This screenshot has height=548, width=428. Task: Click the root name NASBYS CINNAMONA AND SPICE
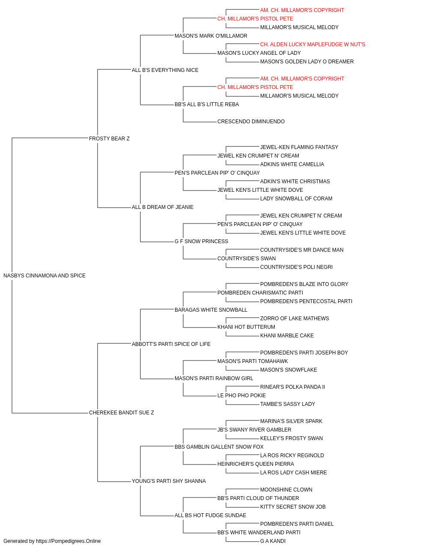click(x=45, y=276)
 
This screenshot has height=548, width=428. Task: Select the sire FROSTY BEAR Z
click(x=109, y=138)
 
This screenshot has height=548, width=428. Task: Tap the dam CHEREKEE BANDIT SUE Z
click(x=121, y=413)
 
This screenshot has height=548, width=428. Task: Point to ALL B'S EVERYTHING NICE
click(x=165, y=70)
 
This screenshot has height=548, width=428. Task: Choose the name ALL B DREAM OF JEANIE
click(x=163, y=207)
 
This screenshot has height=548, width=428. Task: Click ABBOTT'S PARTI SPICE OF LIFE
click(x=171, y=344)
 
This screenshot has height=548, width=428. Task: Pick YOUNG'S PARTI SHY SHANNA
click(x=169, y=481)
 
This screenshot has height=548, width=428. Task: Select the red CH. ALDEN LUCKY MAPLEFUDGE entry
click(x=312, y=45)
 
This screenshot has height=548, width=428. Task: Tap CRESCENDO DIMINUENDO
click(x=251, y=121)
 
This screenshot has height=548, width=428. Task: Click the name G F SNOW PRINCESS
click(x=201, y=241)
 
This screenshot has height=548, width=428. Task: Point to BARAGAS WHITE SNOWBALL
click(x=211, y=310)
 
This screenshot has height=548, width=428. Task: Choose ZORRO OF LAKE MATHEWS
click(x=294, y=318)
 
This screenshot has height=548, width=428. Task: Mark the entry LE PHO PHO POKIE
click(x=241, y=396)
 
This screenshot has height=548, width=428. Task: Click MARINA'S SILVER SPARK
click(x=291, y=421)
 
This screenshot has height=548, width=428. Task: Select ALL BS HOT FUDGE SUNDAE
click(x=210, y=515)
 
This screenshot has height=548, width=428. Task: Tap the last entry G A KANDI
click(x=273, y=541)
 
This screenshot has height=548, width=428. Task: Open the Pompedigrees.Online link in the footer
click(x=68, y=541)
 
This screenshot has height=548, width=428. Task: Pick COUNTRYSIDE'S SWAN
click(x=247, y=259)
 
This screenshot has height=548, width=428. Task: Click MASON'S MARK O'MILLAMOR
click(x=211, y=36)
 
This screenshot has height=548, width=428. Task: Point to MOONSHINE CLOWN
click(x=286, y=489)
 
